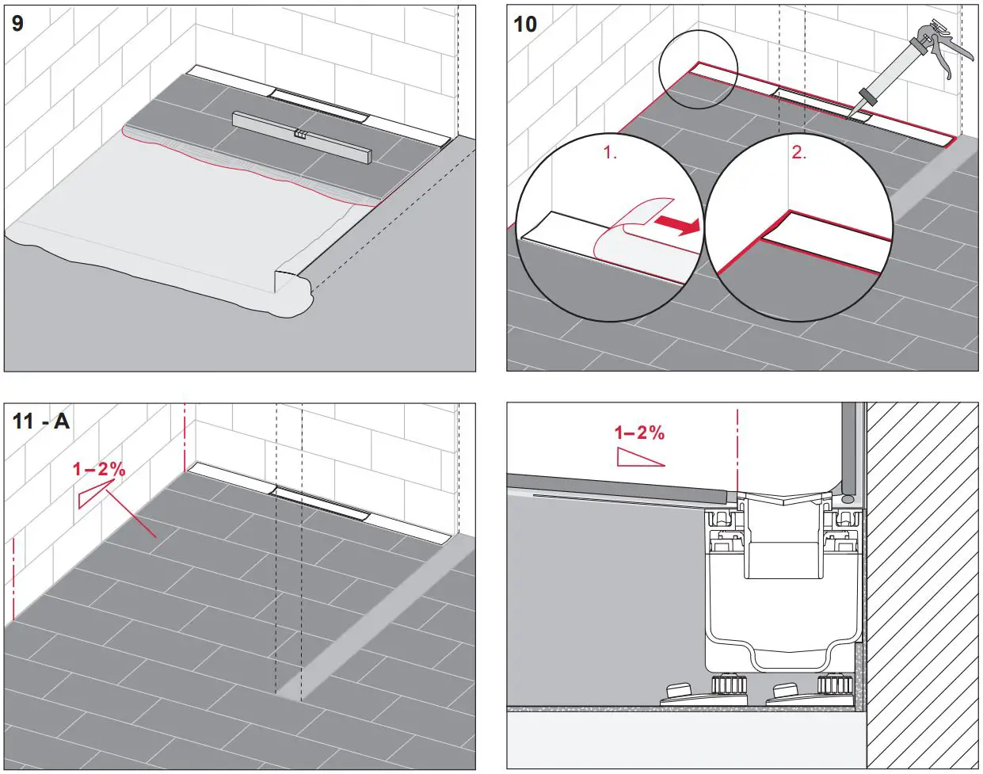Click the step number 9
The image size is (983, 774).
pyautogui.click(x=17, y=24)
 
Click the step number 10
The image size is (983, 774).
pyautogui.click(x=525, y=24)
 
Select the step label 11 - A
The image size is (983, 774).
pyautogui.click(x=41, y=421)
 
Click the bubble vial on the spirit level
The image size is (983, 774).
pyautogui.click(x=300, y=135)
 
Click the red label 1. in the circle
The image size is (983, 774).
pyautogui.click(x=610, y=153)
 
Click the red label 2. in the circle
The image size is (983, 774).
pyautogui.click(x=798, y=153)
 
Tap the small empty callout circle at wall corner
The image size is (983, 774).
pyautogui.click(x=698, y=69)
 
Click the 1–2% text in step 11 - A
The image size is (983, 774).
pyautogui.click(x=99, y=469)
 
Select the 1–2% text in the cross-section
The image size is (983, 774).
pyautogui.click(x=639, y=433)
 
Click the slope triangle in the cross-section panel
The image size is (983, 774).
pyautogui.click(x=639, y=458)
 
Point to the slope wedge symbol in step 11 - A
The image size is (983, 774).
pyautogui.click(x=92, y=494)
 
